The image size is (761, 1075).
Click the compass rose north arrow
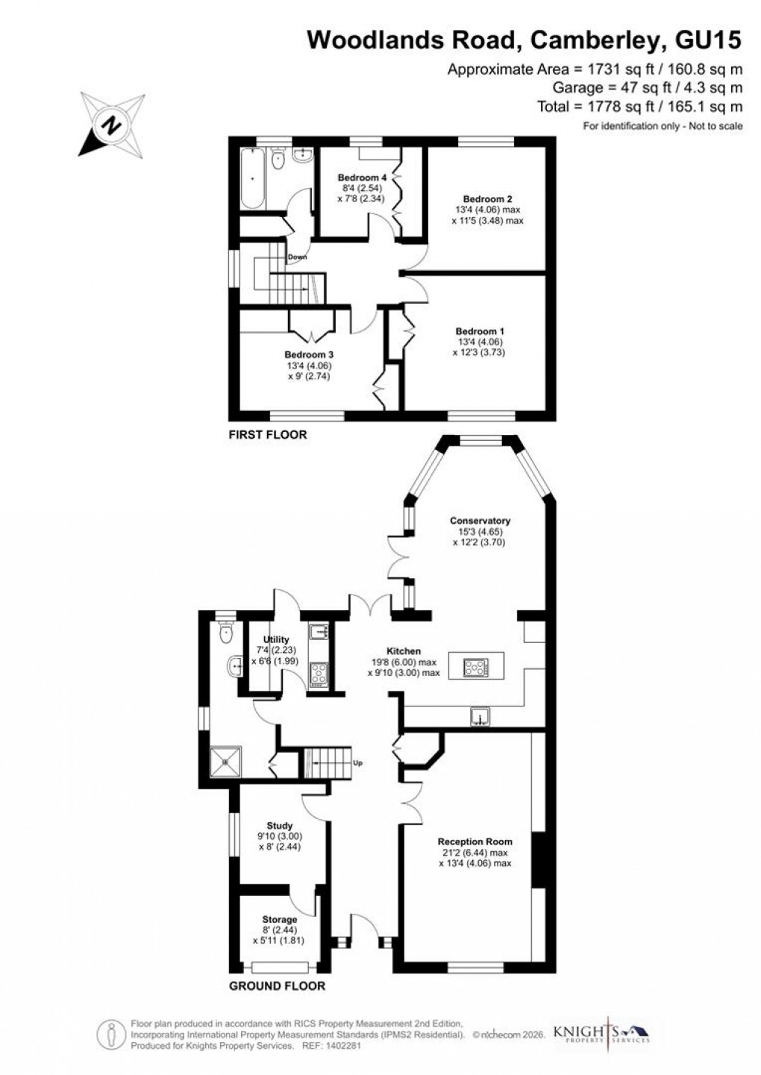tap(111, 124)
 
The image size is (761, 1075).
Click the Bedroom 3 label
tap(308, 355)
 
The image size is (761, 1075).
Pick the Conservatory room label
tap(480, 521)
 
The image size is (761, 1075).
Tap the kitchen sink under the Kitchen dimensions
tap(481, 717)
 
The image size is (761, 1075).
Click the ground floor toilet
tap(226, 633)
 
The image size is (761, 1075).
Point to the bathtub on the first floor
tap(251, 178)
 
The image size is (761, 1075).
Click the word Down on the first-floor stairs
tap(298, 257)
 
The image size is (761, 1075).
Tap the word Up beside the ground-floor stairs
tap(357, 764)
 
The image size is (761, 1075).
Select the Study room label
tap(280, 826)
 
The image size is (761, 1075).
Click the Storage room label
tap(279, 920)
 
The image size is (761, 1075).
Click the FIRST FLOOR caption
tap(267, 434)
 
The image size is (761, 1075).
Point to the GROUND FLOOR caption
tap(277, 985)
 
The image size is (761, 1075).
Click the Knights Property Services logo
tap(601, 1033)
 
